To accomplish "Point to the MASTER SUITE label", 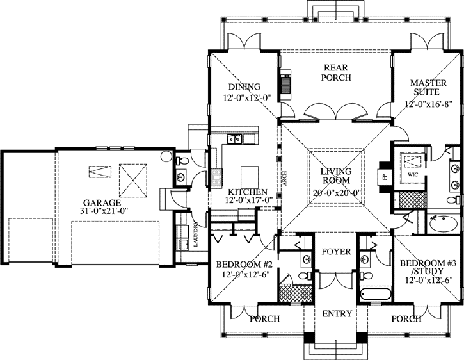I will pos(428,88).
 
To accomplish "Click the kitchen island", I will pos(249,176).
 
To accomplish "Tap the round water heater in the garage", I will pos(166,156).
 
